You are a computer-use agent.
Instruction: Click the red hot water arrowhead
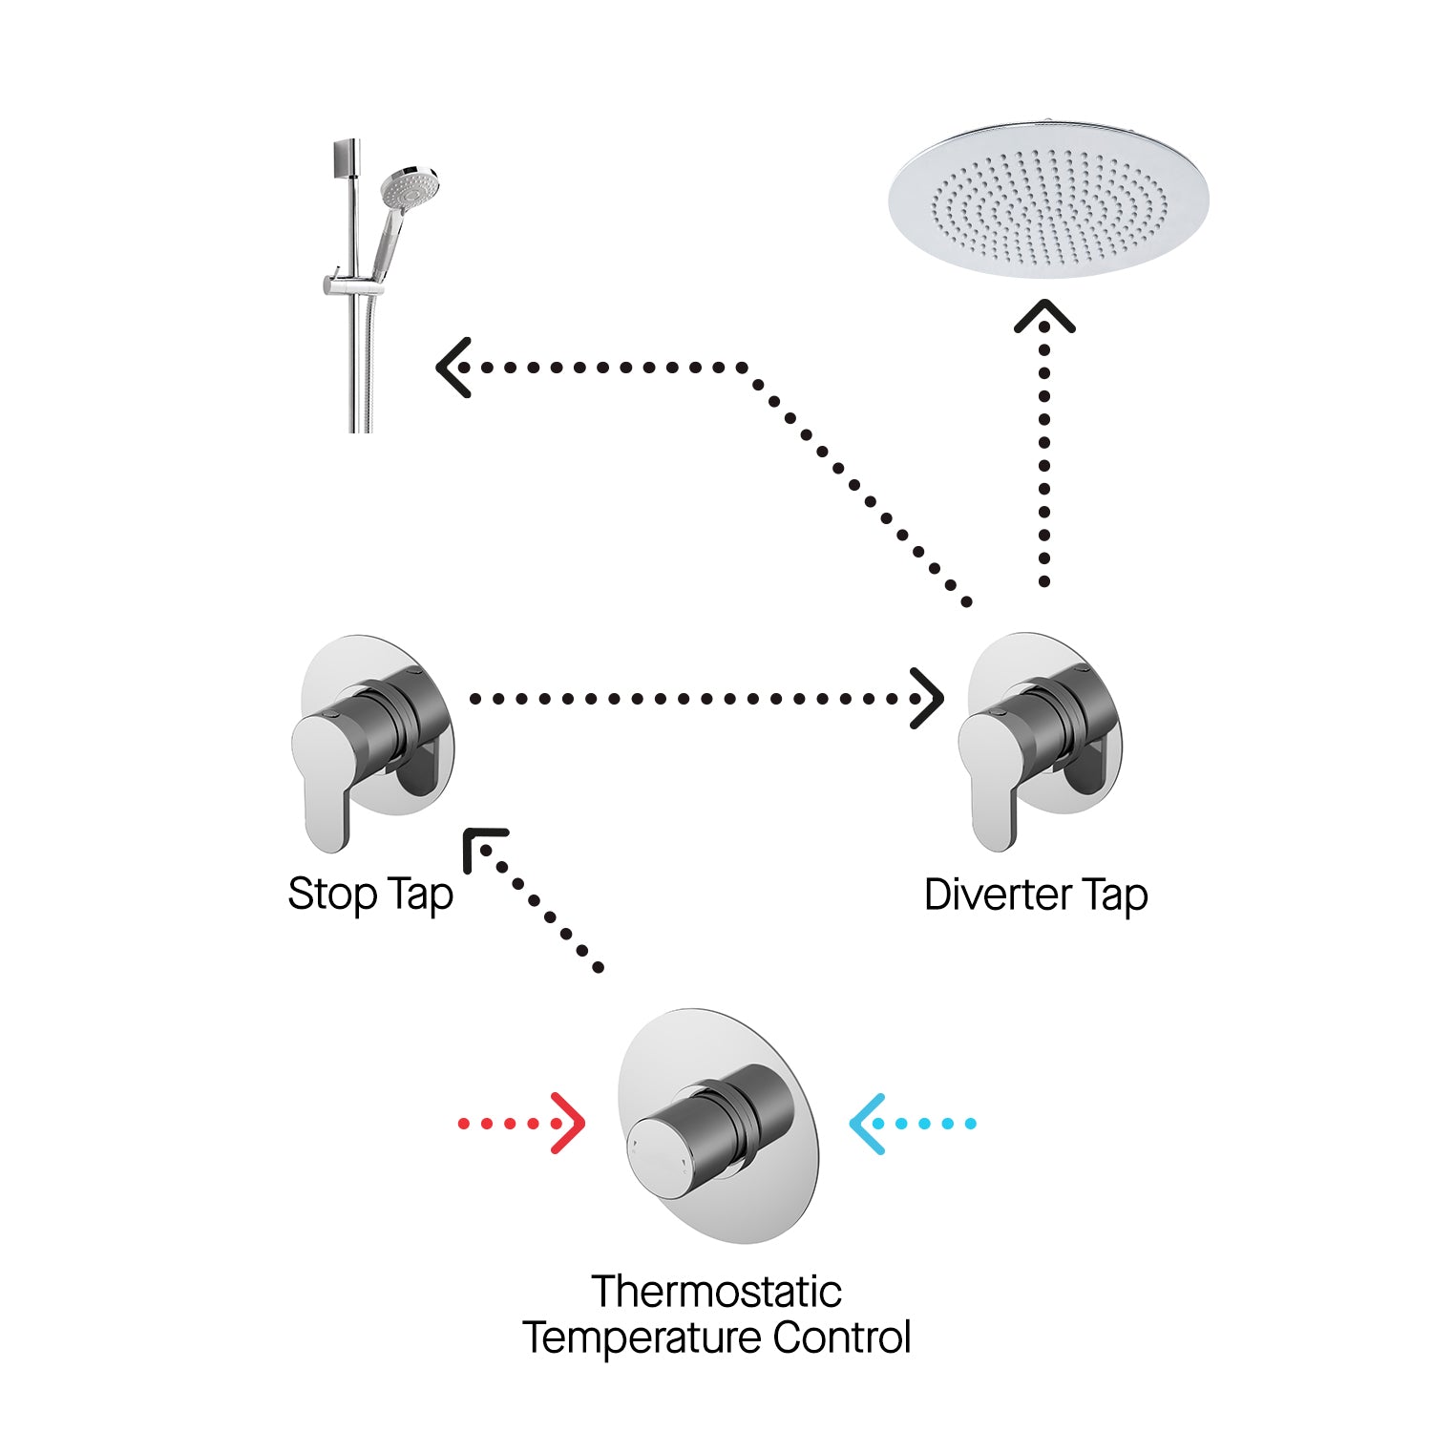coord(571,1124)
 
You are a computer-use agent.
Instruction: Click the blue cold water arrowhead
coord(864,1124)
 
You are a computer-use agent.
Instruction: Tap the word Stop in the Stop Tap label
coord(332,895)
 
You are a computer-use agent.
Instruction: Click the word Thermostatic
coord(716,1292)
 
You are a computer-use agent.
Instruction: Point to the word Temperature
coord(642,1337)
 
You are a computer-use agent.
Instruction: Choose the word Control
coord(842,1337)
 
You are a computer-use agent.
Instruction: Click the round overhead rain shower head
coord(1048,200)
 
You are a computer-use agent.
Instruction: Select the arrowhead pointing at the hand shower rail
coord(451,368)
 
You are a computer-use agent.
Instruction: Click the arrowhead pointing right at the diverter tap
coord(928,698)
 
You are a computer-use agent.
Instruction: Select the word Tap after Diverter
coord(1115,895)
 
